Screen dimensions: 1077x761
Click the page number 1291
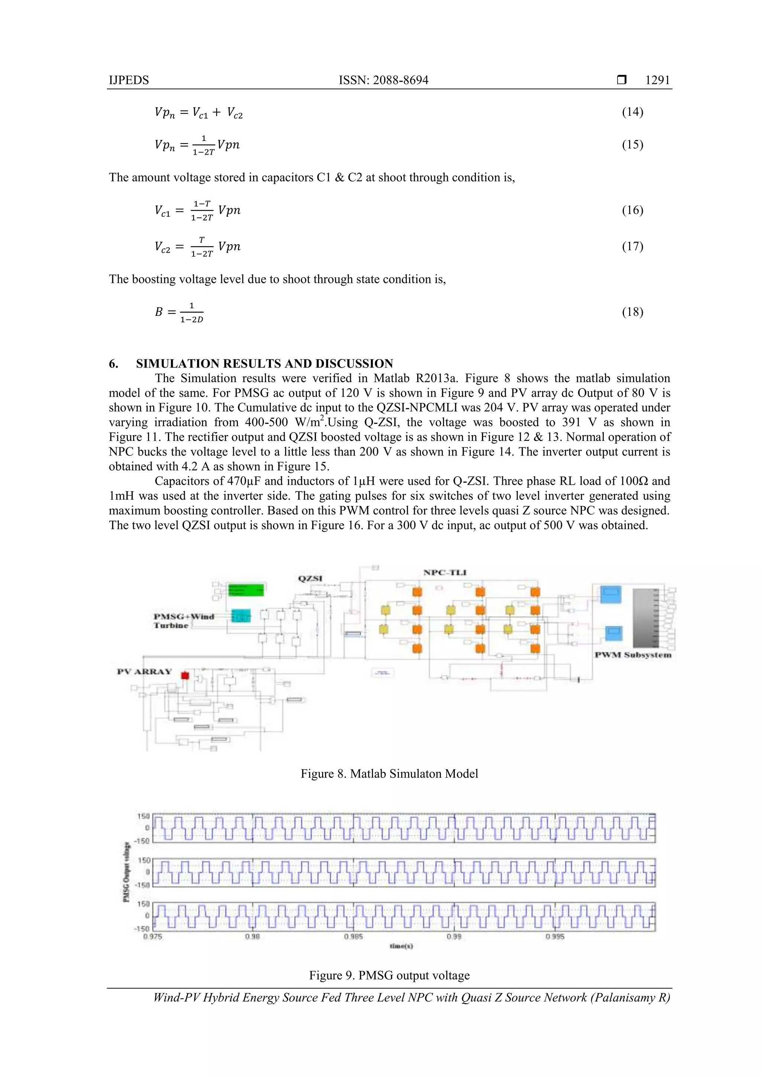[657, 80]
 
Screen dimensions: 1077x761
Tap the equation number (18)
[632, 312]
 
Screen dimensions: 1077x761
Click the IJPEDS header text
[129, 80]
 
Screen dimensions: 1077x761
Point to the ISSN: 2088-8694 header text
[383, 80]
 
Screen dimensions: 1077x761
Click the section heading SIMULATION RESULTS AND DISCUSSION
[265, 364]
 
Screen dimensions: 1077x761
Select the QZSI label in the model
[310, 578]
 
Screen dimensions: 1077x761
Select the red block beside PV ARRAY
[185, 675]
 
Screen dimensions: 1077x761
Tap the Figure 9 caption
[389, 976]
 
